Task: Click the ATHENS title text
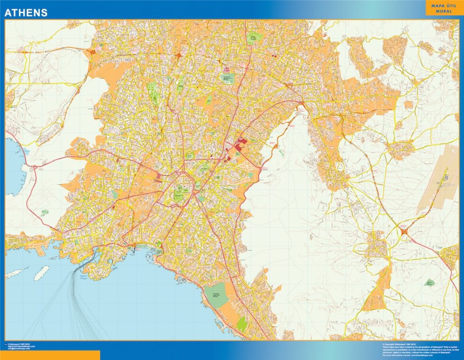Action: (x=26, y=13)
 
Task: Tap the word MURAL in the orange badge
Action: (x=444, y=11)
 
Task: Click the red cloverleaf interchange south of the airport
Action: (x=403, y=232)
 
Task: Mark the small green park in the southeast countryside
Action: (x=430, y=283)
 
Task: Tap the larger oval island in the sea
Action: (x=41, y=273)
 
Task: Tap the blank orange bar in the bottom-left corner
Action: (x=50, y=355)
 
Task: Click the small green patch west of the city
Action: (x=44, y=211)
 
